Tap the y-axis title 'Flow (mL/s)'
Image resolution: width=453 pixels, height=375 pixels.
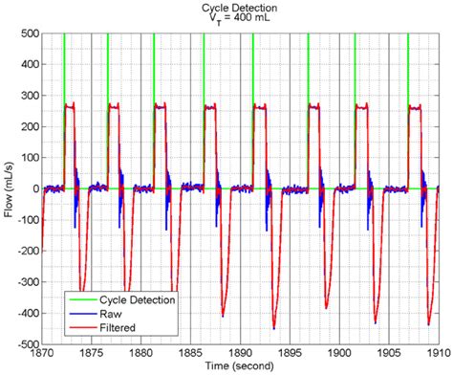click(9, 189)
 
